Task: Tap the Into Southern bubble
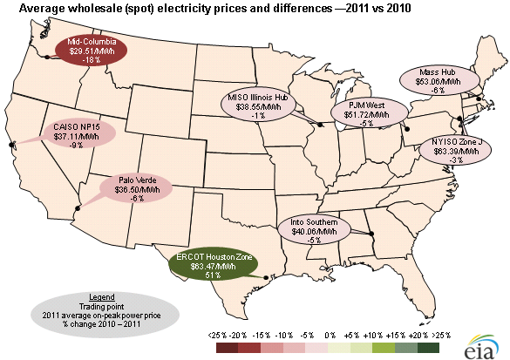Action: tap(315, 229)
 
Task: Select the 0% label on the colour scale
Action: tap(330, 335)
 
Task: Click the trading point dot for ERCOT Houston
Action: tap(266, 278)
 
